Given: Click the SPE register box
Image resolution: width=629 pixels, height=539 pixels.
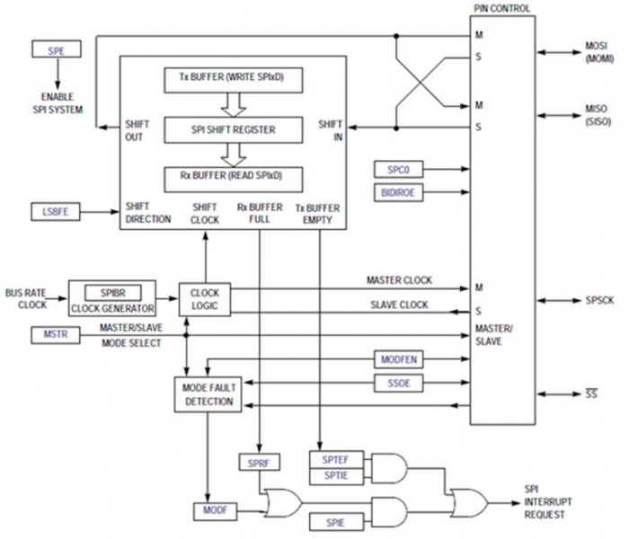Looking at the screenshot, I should (56, 50).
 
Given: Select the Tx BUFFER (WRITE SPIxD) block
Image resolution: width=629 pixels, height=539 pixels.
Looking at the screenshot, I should (232, 78).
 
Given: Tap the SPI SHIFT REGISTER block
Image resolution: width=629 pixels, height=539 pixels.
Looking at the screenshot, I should (232, 128).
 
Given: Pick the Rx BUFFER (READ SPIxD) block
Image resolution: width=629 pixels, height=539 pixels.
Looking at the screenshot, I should (232, 177).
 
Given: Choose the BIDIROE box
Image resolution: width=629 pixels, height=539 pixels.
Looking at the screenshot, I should (399, 191).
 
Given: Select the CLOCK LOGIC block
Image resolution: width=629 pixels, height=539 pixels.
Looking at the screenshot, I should (205, 299).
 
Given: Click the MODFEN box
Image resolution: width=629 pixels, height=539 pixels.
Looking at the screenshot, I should (399, 360).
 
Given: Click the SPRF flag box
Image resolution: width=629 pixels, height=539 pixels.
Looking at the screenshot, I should (260, 464).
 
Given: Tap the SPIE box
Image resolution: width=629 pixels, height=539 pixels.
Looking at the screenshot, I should (333, 521).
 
